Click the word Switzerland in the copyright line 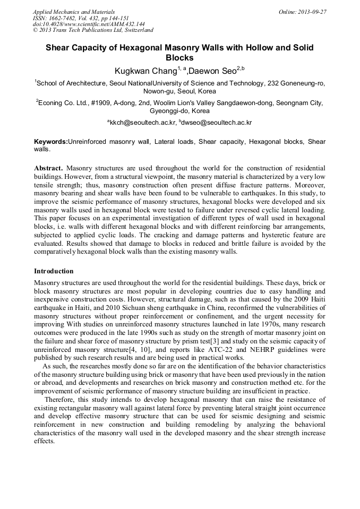click(x=136, y=30)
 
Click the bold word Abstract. click(x=48, y=167)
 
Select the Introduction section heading click(x=54, y=271)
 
